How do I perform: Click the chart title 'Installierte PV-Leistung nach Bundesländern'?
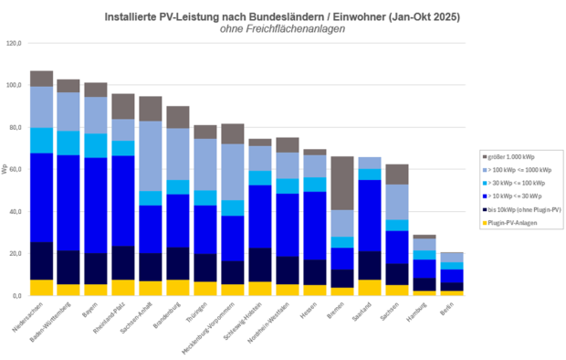point(282,16)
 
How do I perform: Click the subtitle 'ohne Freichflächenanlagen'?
point(282,29)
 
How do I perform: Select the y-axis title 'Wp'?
point(5,170)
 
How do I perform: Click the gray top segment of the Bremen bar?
point(342,183)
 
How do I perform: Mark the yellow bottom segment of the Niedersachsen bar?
point(41,288)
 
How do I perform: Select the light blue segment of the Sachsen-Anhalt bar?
point(150,156)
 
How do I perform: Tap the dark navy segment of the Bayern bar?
point(96,269)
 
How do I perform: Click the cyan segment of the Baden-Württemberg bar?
point(68,143)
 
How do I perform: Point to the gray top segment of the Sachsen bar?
point(397,175)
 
